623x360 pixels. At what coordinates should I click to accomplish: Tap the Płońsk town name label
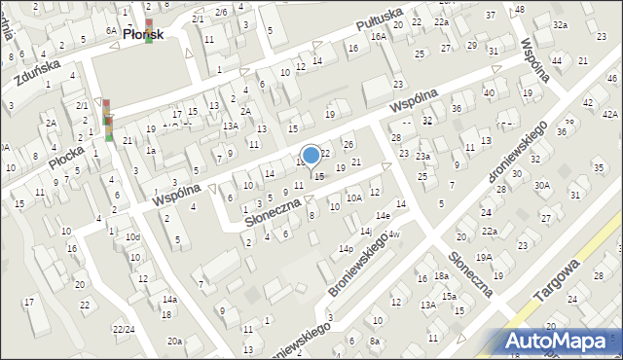(142, 33)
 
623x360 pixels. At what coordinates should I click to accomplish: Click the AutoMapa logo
(561, 341)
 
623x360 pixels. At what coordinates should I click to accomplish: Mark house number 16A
(378, 36)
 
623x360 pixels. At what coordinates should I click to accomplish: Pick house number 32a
(559, 24)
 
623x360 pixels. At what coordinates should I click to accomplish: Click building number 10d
(132, 236)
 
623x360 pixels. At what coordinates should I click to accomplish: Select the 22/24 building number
(124, 329)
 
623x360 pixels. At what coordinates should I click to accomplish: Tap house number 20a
(174, 341)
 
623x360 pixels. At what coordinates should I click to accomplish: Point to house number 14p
(346, 249)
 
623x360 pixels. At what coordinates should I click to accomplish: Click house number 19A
(484, 257)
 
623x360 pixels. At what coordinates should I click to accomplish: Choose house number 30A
(542, 185)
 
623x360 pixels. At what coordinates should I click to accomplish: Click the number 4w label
(394, 235)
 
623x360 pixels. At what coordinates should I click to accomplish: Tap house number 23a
(422, 156)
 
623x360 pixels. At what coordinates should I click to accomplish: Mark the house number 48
(519, 9)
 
